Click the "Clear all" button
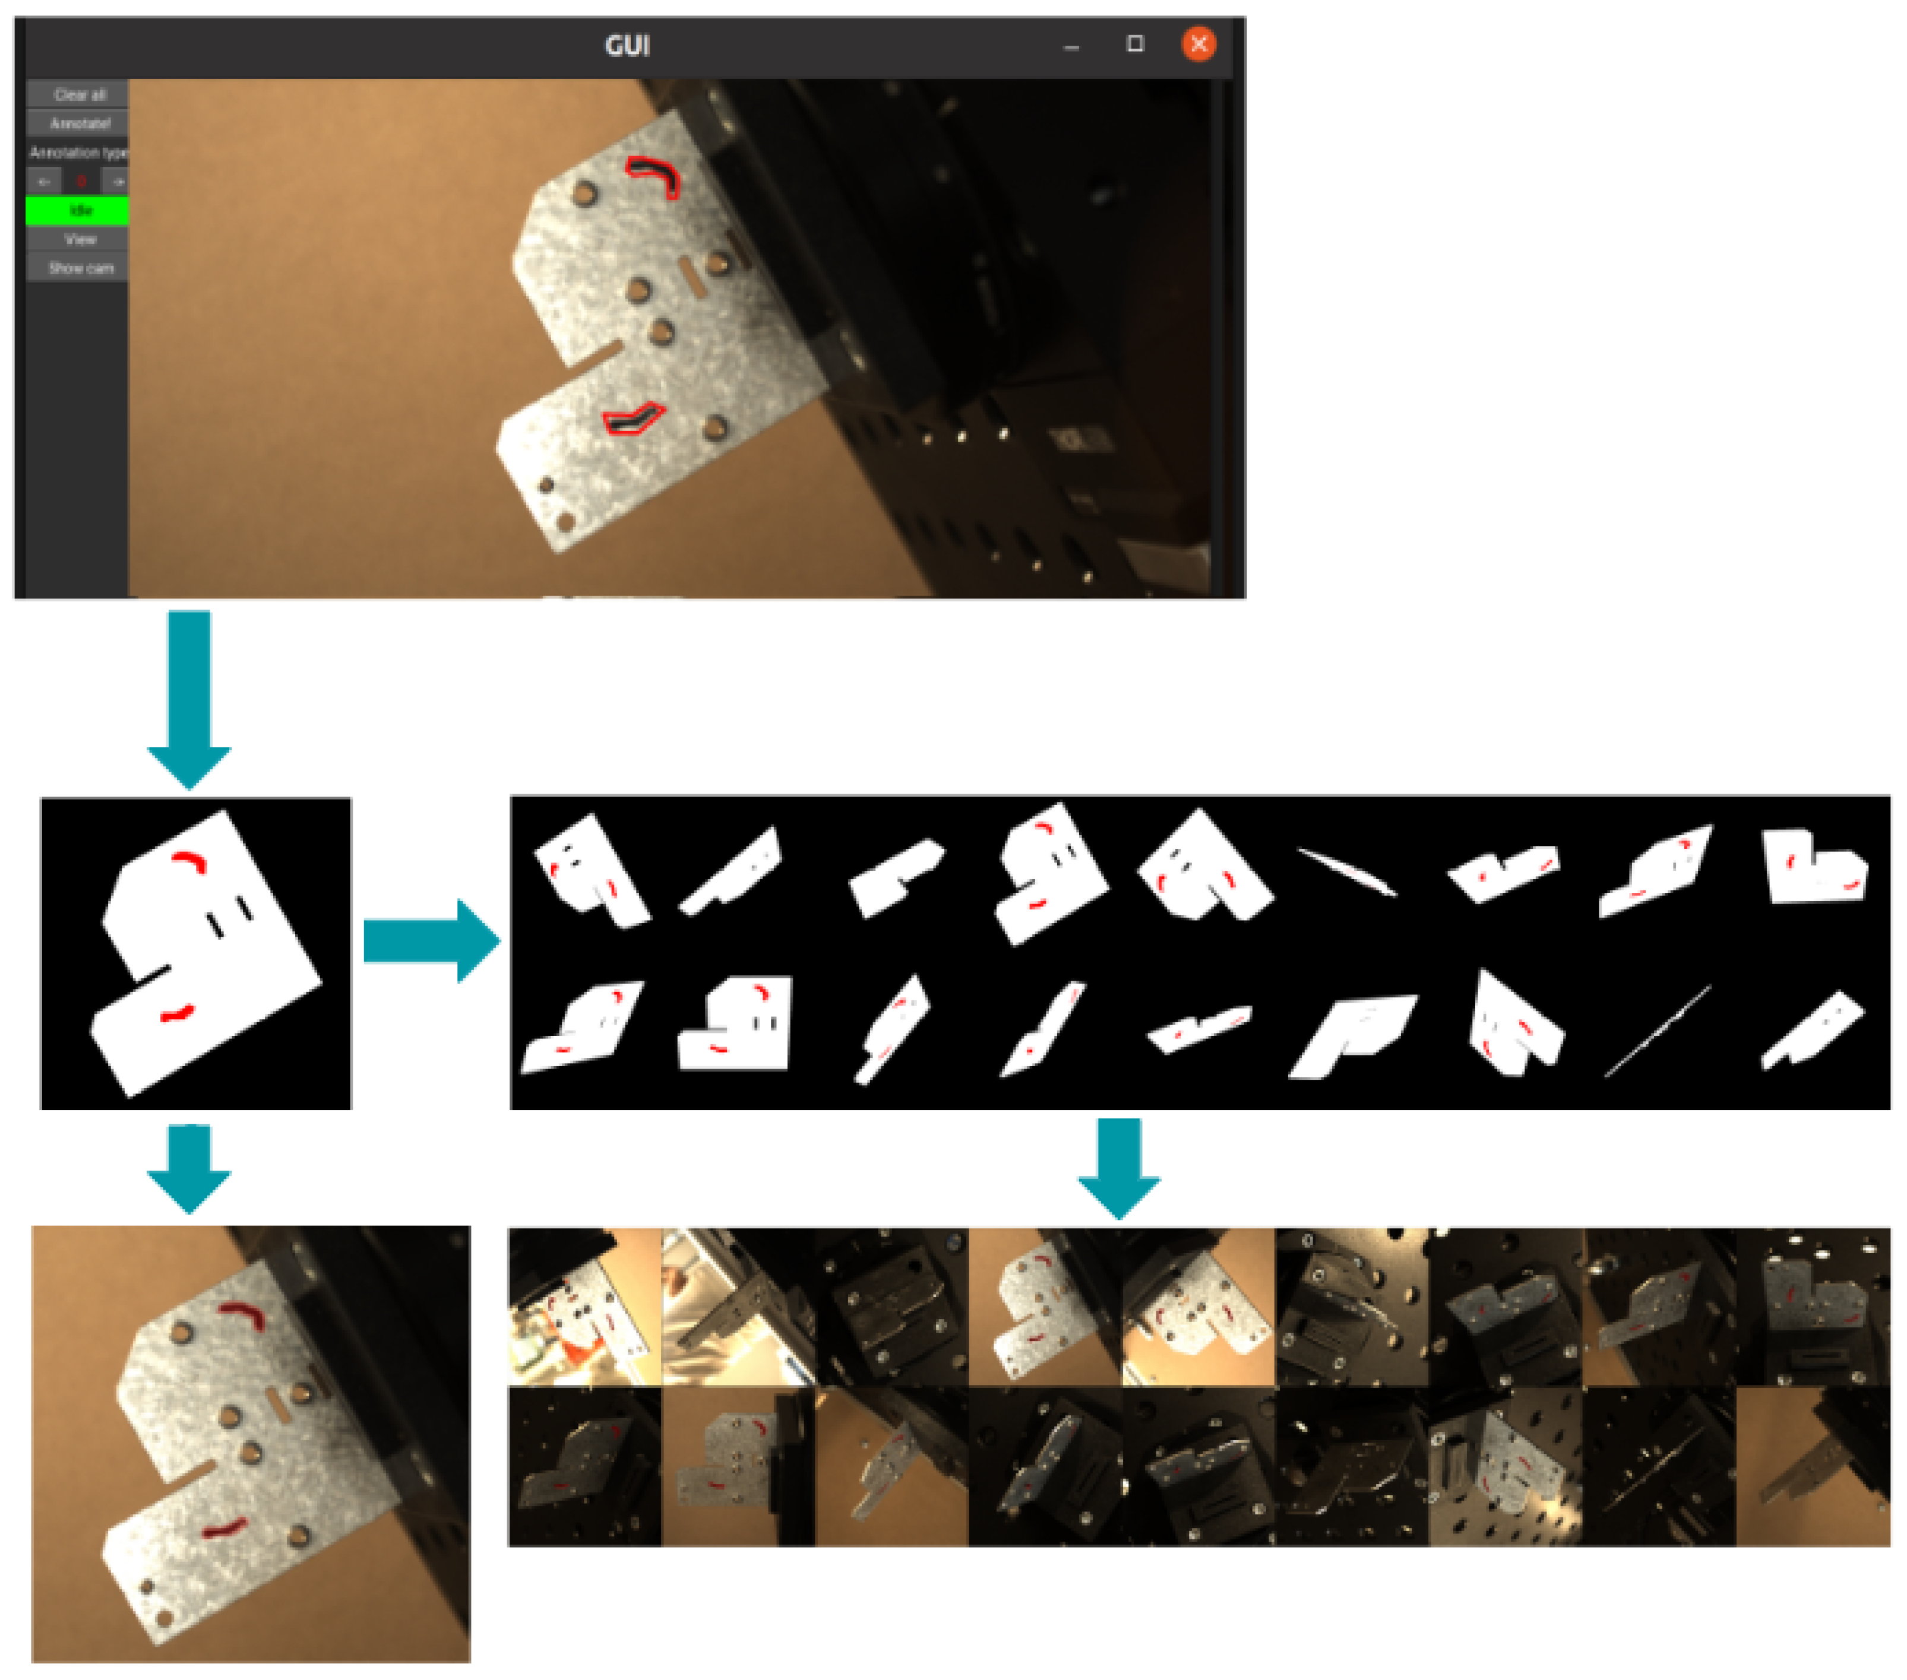pyautogui.click(x=80, y=94)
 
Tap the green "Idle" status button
pyautogui.click(x=80, y=211)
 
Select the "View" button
pyautogui.click(x=80, y=240)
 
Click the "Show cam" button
pyautogui.click(x=80, y=269)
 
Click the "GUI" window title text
pyautogui.click(x=627, y=45)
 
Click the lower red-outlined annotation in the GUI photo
pyautogui.click(x=632, y=419)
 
